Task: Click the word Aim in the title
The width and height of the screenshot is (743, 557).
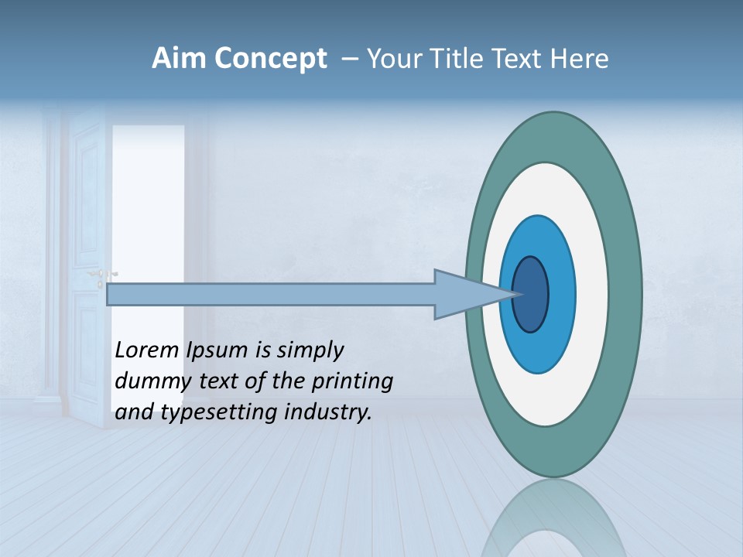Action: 179,59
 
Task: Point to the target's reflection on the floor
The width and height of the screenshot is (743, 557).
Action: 553,522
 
